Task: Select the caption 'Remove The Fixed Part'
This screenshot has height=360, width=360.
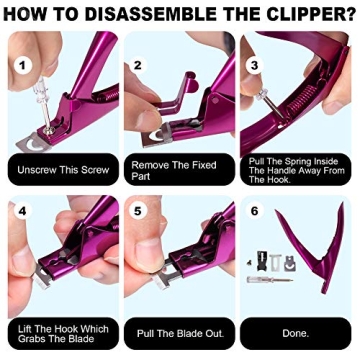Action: pyautogui.click(x=177, y=170)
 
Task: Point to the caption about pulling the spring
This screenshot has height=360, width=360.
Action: pyautogui.click(x=297, y=171)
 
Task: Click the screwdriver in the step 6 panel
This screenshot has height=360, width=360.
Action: pyautogui.click(x=263, y=284)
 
